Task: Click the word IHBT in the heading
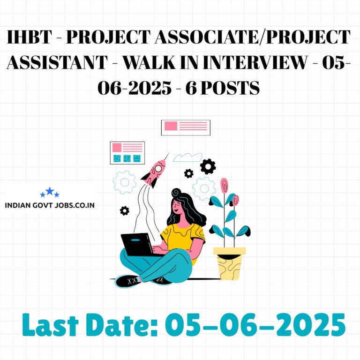click(30, 37)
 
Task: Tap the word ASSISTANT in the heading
click(57, 62)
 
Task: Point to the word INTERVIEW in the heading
click(255, 62)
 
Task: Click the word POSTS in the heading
click(230, 88)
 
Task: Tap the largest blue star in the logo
click(50, 191)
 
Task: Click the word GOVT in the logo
click(43, 205)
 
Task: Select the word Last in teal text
click(50, 325)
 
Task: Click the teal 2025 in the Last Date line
click(311, 325)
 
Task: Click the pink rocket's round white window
click(158, 169)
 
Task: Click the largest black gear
click(208, 166)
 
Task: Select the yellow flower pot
click(229, 263)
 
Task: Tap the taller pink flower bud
click(224, 185)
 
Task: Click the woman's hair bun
click(176, 192)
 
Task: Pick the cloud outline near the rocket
click(187, 157)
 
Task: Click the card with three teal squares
click(127, 153)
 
